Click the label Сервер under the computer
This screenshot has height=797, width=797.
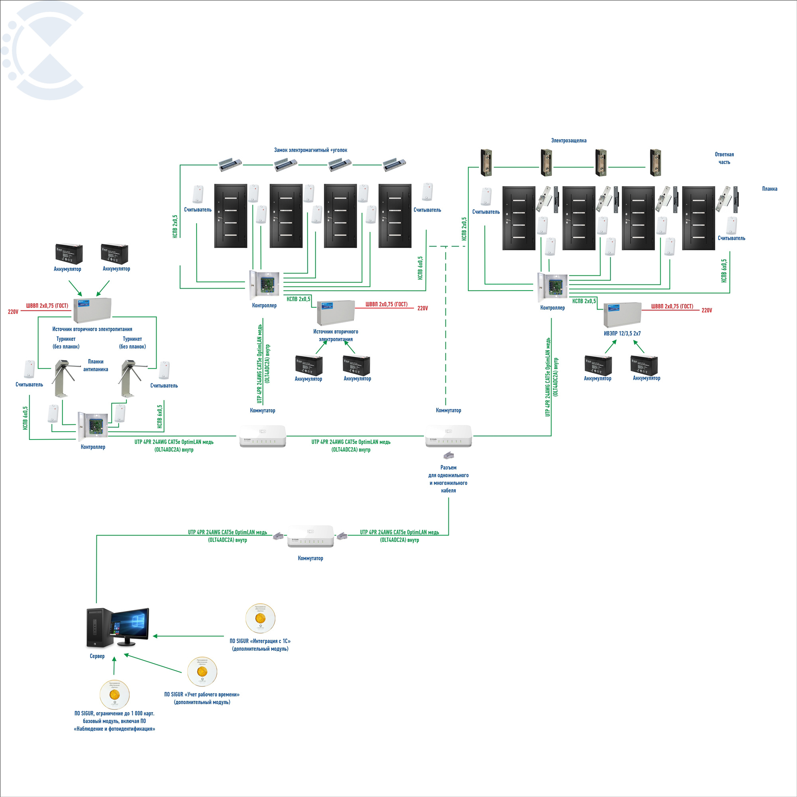pos(97,656)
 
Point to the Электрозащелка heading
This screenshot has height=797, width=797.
pos(569,141)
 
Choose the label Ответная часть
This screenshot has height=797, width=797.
pos(724,158)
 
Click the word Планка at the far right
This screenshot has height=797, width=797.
pos(770,189)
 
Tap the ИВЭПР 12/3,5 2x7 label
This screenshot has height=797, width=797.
pos(622,333)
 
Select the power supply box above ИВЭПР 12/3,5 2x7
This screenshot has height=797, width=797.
pos(622,315)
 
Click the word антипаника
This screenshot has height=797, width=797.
pos(96,369)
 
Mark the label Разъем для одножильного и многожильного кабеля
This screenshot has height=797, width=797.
pos(448,479)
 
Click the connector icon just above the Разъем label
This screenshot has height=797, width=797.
pos(448,455)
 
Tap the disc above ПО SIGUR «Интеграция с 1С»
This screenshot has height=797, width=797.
pos(260,618)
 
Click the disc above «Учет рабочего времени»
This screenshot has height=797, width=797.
pos(202,671)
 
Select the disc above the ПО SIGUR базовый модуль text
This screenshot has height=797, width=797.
pos(114,695)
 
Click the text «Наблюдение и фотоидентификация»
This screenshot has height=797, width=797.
pos(114,729)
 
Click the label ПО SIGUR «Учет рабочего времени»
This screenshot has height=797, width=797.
pos(202,695)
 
